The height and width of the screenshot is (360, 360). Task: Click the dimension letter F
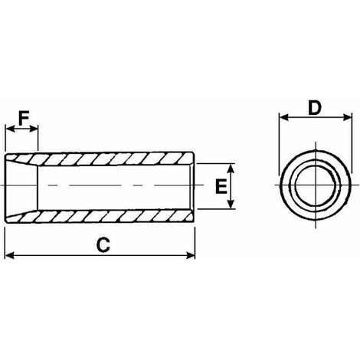pyautogui.click(x=24, y=118)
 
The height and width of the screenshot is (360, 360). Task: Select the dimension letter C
pyautogui.click(x=103, y=245)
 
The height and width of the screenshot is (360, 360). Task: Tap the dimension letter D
pyautogui.click(x=314, y=107)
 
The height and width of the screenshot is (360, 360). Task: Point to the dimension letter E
pyautogui.click(x=221, y=186)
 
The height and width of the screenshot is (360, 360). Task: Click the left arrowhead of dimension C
pyautogui.click(x=9, y=255)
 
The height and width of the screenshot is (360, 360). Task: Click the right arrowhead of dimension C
pyautogui.click(x=191, y=255)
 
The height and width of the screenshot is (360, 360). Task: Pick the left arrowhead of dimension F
pyautogui.click(x=10, y=129)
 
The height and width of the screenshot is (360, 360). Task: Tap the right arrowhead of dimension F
pyautogui.click(x=34, y=129)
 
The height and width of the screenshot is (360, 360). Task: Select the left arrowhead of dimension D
pyautogui.click(x=283, y=117)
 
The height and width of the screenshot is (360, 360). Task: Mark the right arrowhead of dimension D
pyautogui.click(x=348, y=117)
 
